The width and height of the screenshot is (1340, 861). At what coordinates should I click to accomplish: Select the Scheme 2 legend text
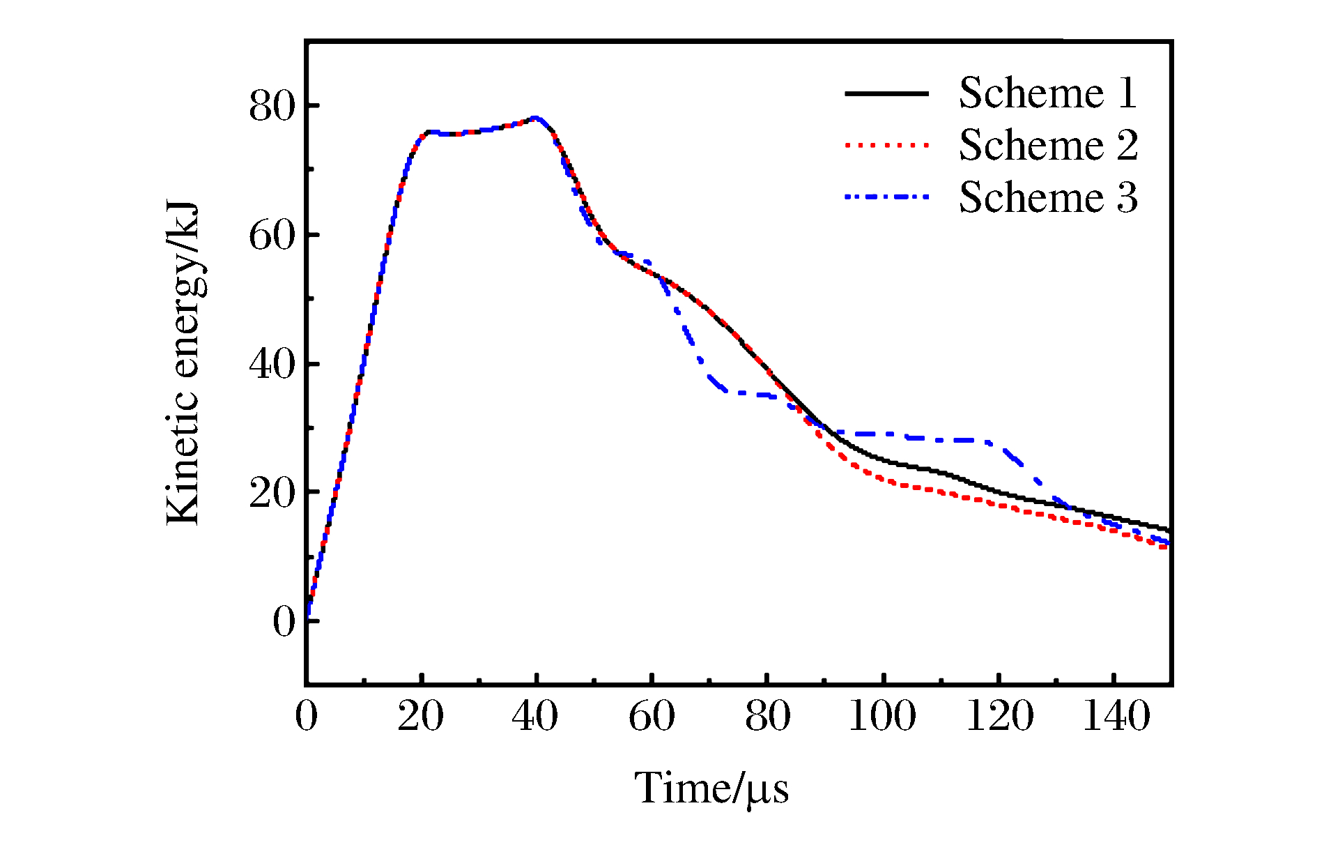1047,145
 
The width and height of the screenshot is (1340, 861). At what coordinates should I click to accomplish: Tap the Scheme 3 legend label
1047,197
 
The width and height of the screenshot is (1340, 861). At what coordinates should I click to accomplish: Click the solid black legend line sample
886,93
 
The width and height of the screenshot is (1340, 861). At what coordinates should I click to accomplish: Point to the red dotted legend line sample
886,146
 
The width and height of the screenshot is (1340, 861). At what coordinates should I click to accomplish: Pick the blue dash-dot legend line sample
886,197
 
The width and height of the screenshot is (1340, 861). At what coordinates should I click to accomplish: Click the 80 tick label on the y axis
272,107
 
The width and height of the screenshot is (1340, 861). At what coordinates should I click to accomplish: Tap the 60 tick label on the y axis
272,236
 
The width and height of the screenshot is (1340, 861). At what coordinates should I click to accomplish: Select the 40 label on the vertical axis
272,364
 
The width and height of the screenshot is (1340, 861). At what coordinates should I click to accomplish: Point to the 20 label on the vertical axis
272,493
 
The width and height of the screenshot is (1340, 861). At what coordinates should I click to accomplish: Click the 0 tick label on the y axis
284,621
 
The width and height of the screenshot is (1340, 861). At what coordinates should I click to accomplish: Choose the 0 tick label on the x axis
306,716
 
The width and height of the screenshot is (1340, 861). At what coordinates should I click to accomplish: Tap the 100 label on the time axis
882,716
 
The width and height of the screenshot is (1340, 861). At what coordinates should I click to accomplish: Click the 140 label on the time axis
1116,716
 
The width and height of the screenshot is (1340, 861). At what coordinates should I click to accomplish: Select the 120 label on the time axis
999,716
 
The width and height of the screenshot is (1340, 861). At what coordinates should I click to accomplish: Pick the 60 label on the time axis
652,716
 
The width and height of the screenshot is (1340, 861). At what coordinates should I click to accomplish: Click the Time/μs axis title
711,789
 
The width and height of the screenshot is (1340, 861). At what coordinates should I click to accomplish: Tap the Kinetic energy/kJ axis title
183,363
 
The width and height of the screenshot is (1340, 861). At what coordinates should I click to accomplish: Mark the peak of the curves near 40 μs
535,118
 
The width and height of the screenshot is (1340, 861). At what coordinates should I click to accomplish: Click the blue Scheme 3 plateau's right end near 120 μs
989,442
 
